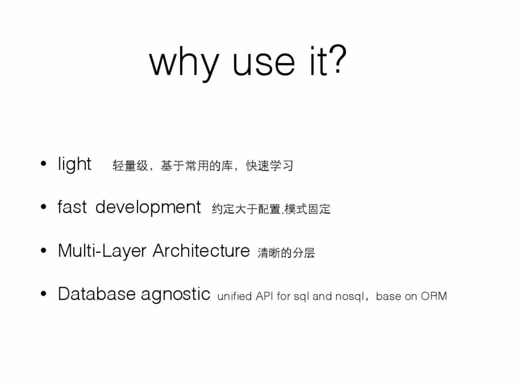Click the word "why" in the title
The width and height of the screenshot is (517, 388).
point(184,63)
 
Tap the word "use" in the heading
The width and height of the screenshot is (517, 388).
point(264,63)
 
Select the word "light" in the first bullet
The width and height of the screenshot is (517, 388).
point(74,164)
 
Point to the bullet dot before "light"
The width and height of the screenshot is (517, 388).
point(43,163)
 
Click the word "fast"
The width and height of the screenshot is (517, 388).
point(72,207)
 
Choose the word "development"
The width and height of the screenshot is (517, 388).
point(148,207)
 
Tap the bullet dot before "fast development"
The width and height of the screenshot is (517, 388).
point(43,207)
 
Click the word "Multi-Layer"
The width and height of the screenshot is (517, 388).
point(102,251)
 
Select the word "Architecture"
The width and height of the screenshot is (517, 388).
point(201,251)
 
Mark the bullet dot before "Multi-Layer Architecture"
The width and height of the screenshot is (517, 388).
point(43,250)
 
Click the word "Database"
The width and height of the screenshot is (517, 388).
point(96,294)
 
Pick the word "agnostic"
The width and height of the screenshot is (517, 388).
point(175,294)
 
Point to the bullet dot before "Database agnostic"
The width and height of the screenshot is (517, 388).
point(43,294)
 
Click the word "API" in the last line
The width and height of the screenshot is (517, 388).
point(264,296)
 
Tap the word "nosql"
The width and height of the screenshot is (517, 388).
point(350,296)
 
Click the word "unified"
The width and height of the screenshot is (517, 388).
point(235,296)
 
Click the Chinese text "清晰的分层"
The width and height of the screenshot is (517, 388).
point(286,253)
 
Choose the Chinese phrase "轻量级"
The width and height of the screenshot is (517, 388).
point(130,165)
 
